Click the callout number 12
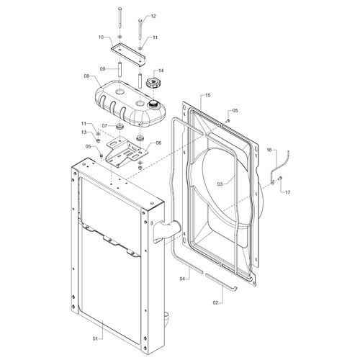click(x=153, y=17)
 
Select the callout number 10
click(x=101, y=37)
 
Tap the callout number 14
click(x=161, y=71)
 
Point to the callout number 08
click(x=86, y=76)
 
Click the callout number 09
click(x=102, y=69)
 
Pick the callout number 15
click(x=207, y=95)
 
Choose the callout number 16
click(x=269, y=150)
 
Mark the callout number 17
click(x=287, y=192)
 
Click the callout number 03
click(x=220, y=184)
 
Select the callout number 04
click(x=182, y=279)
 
